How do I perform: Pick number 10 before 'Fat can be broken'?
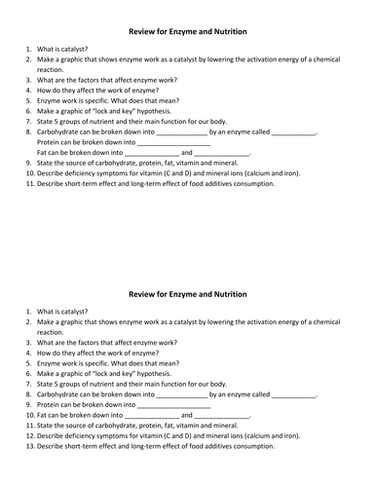tap(30, 414)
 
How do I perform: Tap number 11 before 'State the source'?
tap(30, 425)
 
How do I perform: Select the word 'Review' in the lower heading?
tap(146, 293)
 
